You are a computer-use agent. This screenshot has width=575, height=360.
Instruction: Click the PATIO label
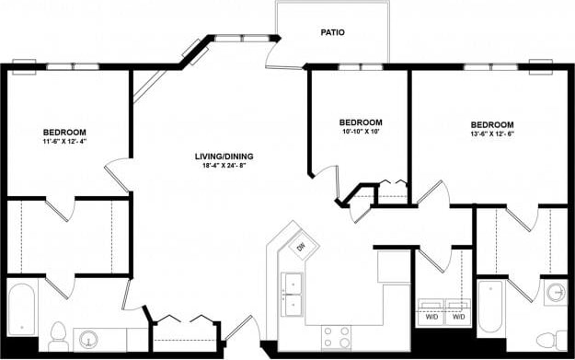click(332, 32)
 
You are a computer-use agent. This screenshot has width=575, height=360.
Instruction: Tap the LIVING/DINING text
click(224, 156)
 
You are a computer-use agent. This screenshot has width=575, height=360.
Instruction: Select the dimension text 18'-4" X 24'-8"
click(224, 167)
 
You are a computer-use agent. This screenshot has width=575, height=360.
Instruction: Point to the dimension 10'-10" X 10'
click(361, 133)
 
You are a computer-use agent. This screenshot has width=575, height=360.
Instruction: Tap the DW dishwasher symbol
click(300, 246)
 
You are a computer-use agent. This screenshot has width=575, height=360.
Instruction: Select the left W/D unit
click(430, 312)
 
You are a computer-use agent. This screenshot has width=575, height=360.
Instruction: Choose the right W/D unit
click(457, 312)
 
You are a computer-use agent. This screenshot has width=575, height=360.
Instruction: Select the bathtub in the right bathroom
click(489, 307)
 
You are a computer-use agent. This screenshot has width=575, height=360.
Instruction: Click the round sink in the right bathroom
click(554, 295)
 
